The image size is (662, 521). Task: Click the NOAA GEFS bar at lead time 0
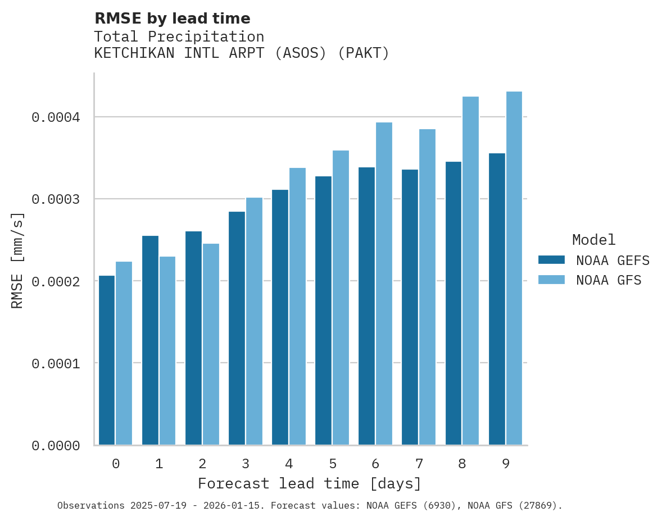coord(107,360)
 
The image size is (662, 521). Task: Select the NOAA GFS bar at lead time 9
coord(514,268)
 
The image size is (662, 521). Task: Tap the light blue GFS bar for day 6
coord(384,284)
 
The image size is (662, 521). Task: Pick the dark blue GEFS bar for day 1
coord(150,340)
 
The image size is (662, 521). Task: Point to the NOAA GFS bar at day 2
coord(211,344)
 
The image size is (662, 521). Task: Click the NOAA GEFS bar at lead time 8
coord(454,303)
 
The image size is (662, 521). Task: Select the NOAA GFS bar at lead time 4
coord(297,307)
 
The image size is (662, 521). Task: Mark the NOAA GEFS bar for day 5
coord(323,310)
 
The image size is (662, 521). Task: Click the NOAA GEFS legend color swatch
coord(551,260)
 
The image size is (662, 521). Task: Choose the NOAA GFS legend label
coord(609,280)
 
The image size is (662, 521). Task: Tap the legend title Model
coord(593,240)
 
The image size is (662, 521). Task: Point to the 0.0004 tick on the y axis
coord(56,117)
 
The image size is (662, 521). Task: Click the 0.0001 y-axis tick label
coord(56,364)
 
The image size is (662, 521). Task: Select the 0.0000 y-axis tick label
coord(56,446)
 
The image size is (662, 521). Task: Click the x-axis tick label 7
coord(419,464)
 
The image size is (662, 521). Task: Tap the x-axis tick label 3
coord(246,464)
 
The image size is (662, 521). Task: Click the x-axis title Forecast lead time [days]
coord(310,483)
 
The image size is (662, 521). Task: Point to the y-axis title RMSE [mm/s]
coord(17,260)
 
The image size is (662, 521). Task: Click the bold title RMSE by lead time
coord(172,19)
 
